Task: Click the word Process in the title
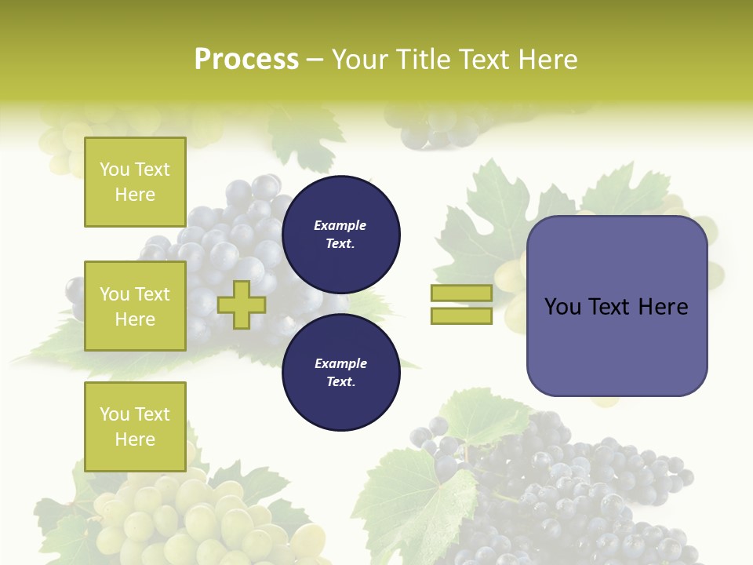(x=246, y=60)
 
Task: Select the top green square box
(x=135, y=182)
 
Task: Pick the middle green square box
(x=135, y=306)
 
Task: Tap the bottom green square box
(x=135, y=426)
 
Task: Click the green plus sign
(x=242, y=304)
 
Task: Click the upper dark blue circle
(x=340, y=235)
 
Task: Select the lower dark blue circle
(x=340, y=373)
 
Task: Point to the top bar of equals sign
(x=461, y=293)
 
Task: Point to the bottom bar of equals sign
(x=461, y=315)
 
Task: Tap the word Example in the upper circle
(x=340, y=225)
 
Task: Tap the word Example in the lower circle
(x=340, y=363)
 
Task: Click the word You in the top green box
(x=115, y=169)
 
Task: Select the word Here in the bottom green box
(x=135, y=439)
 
